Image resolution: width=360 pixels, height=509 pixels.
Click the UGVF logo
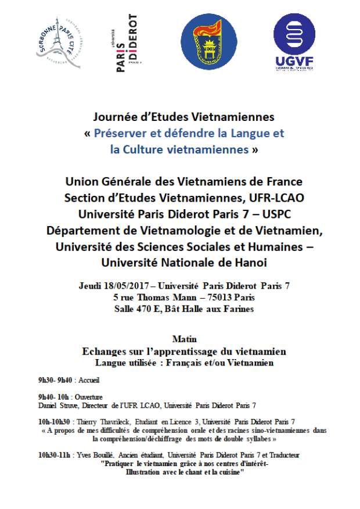[293, 41]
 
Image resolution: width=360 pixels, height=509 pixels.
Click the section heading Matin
[185, 339]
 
